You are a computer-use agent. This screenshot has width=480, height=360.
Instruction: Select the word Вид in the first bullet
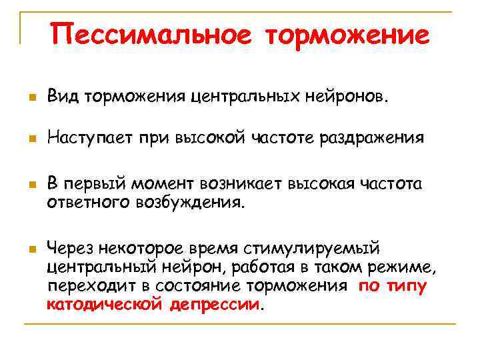point(61,98)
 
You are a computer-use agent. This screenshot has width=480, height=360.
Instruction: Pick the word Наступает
point(89,139)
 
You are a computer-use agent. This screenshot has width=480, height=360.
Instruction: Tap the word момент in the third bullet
point(157,184)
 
